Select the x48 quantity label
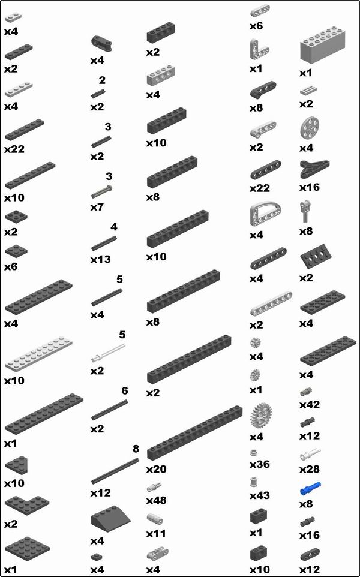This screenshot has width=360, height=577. tap(156, 500)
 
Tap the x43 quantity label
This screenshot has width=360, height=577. tap(259, 495)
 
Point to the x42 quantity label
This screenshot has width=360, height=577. tap(310, 405)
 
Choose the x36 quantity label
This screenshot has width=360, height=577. tap(259, 465)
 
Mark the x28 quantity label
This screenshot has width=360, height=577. tap(310, 468)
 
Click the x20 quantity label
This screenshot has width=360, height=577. tap(156, 469)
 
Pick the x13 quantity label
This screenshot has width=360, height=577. tap(101, 260)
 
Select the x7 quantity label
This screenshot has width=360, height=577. tap(98, 207)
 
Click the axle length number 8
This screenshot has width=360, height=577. tap(136, 449)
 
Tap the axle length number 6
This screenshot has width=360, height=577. tap(125, 391)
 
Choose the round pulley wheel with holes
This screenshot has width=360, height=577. tap(309, 129)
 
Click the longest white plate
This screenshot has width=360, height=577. tap(40, 357)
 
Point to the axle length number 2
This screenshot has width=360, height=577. tap(102, 80)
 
